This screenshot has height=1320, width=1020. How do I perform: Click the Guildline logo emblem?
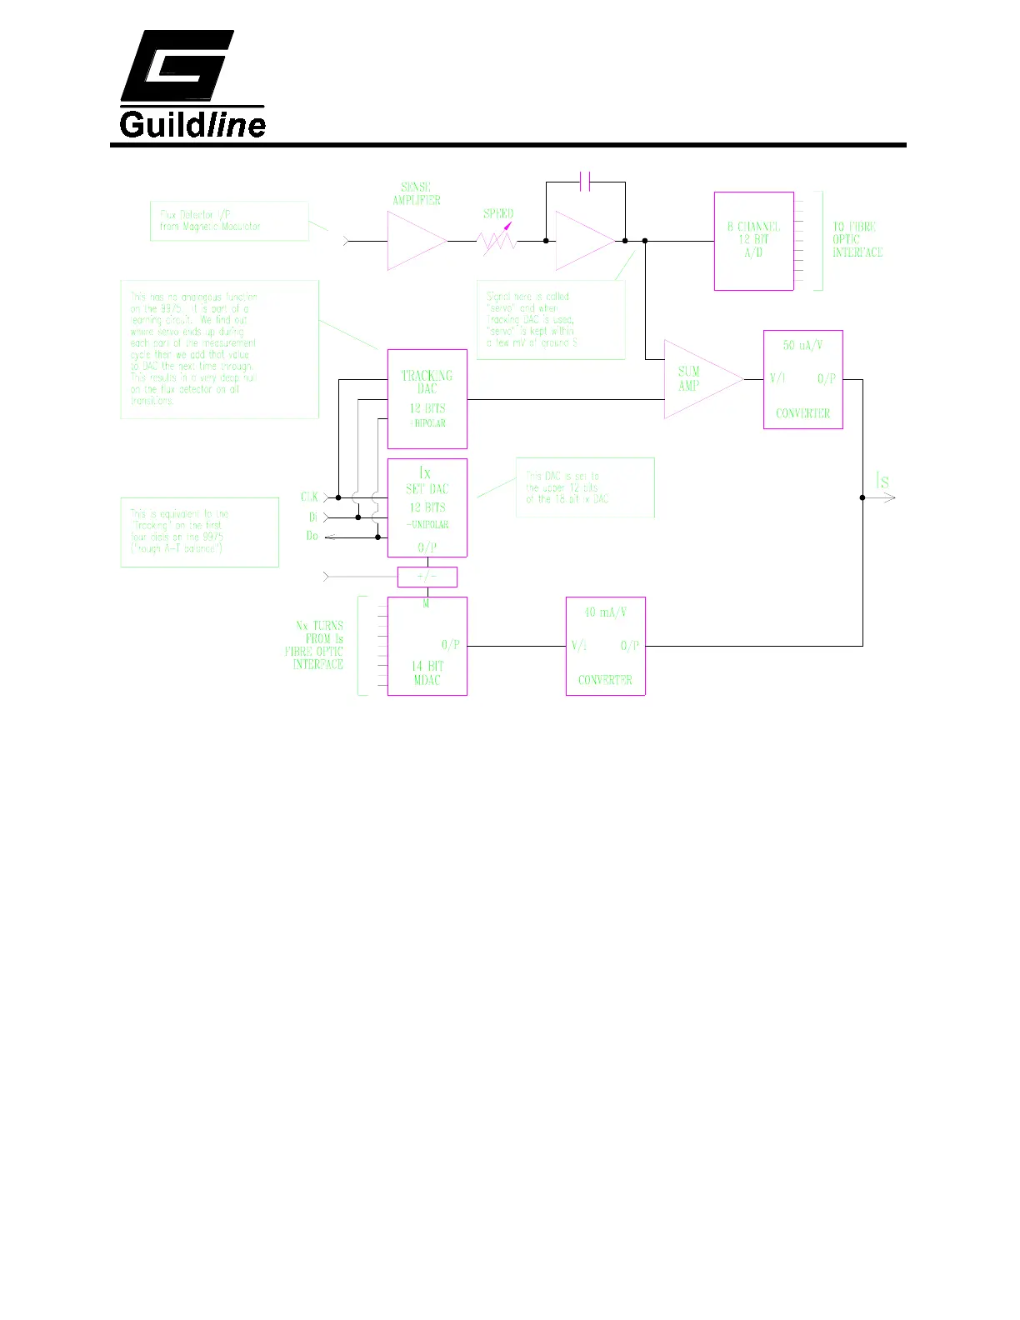pyautogui.click(x=177, y=66)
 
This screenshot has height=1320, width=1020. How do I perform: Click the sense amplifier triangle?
pyautogui.click(x=414, y=241)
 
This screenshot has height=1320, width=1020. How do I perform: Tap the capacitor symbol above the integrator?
pyautogui.click(x=585, y=182)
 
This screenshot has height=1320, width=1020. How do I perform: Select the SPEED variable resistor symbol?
pyautogui.click(x=497, y=241)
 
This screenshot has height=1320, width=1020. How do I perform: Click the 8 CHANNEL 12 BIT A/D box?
pyautogui.click(x=753, y=241)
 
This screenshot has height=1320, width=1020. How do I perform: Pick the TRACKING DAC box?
pyautogui.click(x=427, y=398)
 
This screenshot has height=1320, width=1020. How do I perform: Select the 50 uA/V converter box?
pyautogui.click(x=802, y=379)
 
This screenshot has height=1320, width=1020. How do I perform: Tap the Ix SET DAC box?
pyautogui.click(x=427, y=507)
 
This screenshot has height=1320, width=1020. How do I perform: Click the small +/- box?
pyautogui.click(x=427, y=576)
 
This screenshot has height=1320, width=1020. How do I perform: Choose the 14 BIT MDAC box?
pyautogui.click(x=427, y=646)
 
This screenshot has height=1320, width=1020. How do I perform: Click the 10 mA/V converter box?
pyautogui.click(x=605, y=646)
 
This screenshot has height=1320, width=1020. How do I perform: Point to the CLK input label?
pyautogui.click(x=309, y=497)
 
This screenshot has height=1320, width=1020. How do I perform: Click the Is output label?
pyautogui.click(x=882, y=481)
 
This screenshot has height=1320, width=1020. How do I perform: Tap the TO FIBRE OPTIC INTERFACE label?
pyautogui.click(x=857, y=239)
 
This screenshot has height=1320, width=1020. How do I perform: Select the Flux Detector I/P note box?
pyautogui.click(x=229, y=221)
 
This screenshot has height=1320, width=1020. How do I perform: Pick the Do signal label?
pyautogui.click(x=312, y=536)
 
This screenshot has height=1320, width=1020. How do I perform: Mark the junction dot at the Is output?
pyautogui.click(x=862, y=497)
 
